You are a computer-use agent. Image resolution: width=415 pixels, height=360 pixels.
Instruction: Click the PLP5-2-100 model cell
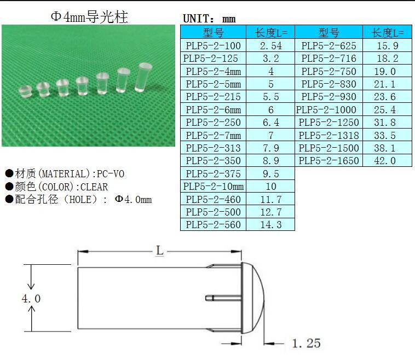pyautogui.click(x=213, y=46)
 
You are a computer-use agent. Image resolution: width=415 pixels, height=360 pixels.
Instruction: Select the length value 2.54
pyautogui.click(x=270, y=46)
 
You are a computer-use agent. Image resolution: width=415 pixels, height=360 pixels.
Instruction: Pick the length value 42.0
pyautogui.click(x=384, y=161)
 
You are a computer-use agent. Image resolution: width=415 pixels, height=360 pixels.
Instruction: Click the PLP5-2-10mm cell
pyautogui.click(x=213, y=187)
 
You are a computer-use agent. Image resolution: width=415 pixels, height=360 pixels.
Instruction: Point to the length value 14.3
pyautogui.click(x=270, y=225)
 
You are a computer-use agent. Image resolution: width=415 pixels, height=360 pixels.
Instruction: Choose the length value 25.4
pyautogui.click(x=384, y=110)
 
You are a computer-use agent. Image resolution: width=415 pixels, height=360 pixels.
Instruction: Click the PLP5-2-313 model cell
pyautogui.click(x=213, y=148)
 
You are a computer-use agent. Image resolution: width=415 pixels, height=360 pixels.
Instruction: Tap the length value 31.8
pyautogui.click(x=384, y=123)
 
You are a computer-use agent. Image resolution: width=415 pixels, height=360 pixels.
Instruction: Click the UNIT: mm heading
pyautogui.click(x=209, y=19)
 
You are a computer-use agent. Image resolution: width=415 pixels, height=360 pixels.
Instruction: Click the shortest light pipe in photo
pyautogui.click(x=25, y=90)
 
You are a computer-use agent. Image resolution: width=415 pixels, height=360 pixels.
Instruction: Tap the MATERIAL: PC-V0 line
pyautogui.click(x=65, y=174)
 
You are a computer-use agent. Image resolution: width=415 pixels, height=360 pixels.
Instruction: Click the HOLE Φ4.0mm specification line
pyautogui.click(x=78, y=200)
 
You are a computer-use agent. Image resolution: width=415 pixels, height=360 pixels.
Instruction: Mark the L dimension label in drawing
pyautogui.click(x=159, y=251)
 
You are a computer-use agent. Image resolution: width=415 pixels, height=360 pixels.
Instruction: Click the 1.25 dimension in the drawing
pyautogui.click(x=306, y=344)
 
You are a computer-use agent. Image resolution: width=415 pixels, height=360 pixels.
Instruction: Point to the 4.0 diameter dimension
pyautogui.click(x=31, y=299)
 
